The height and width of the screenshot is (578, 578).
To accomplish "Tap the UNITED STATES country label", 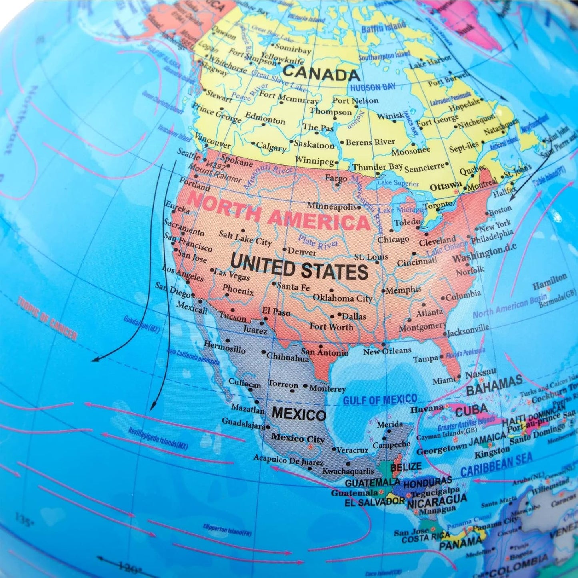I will point(299,267).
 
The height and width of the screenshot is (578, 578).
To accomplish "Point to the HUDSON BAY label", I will point(373,87).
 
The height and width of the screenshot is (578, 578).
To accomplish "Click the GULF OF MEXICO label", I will point(380,400).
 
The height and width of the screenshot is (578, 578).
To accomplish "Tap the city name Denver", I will point(302,252).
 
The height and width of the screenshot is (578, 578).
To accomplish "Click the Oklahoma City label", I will point(342,298).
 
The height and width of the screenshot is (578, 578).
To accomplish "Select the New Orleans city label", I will point(387,352).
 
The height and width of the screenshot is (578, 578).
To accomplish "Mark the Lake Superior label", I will point(398,183).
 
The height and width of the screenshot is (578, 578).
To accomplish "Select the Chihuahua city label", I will point(288,357).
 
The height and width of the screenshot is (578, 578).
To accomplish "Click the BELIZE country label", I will point(406,466).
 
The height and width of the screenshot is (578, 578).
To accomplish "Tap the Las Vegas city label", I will point(232,274).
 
